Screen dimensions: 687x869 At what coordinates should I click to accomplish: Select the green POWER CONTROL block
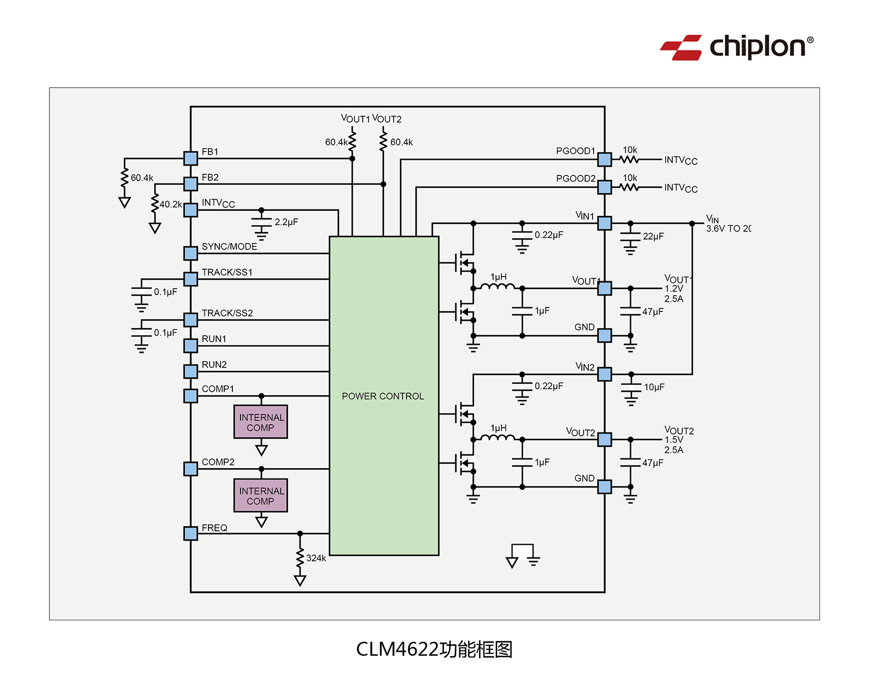coord(384,396)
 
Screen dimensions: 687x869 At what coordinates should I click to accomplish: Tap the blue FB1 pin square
coord(191,158)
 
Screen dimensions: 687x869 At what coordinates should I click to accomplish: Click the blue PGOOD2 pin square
coord(604,187)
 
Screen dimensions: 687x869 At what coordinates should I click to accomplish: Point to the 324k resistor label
coord(316,559)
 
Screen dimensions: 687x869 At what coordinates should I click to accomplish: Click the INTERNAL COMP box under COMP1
coord(261,422)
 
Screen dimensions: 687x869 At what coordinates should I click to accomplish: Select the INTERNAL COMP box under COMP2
coord(261,495)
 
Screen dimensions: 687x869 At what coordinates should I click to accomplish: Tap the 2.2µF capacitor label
coord(286,222)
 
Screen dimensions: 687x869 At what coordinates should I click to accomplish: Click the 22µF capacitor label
coord(653,237)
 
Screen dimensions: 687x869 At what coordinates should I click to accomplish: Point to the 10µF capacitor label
coord(654,387)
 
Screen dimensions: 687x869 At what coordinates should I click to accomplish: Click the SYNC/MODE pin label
coord(229,247)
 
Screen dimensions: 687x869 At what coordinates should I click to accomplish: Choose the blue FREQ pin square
coord(191,533)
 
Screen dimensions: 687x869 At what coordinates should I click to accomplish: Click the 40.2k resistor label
coord(171,204)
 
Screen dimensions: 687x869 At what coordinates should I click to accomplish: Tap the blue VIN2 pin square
coord(604,374)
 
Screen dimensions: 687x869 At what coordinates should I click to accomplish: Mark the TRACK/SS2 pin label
coord(227,313)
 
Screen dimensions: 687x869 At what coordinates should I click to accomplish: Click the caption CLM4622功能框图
coord(434,649)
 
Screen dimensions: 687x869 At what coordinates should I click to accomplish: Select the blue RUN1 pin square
coord(191,346)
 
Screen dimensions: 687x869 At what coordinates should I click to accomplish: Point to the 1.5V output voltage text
coord(674,440)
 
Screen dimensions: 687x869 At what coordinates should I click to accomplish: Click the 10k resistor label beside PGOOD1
coord(630,150)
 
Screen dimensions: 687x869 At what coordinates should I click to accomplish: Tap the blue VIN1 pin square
coord(604,223)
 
